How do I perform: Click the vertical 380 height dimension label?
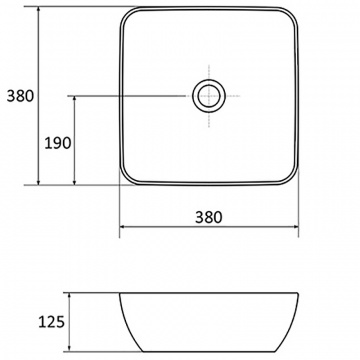pos(21,96)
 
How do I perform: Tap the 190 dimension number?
pos(58,143)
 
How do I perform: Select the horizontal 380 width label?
pos(209,217)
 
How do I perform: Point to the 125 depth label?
pos(51,322)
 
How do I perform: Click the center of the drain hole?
pos(209,96)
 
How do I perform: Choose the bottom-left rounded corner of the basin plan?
pos(125,179)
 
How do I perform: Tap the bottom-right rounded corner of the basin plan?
pos(292,179)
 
